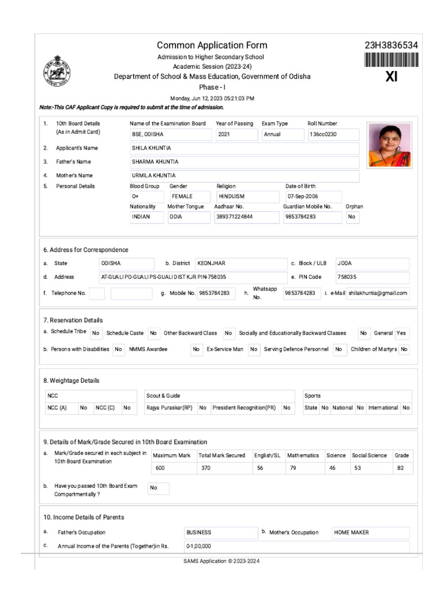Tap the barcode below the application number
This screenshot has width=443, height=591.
(x=391, y=61)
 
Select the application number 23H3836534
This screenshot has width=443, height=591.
(x=391, y=46)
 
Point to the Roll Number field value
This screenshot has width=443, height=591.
(x=333, y=134)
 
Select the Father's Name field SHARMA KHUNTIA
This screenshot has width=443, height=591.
(x=244, y=162)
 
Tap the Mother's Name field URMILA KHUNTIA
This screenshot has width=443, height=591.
(x=244, y=175)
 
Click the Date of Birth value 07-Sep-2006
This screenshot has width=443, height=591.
(x=313, y=197)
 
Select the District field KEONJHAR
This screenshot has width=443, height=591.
(x=240, y=263)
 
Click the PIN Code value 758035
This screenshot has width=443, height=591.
(x=371, y=277)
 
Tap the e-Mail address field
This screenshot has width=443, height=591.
(x=378, y=293)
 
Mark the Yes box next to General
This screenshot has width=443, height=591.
(x=401, y=333)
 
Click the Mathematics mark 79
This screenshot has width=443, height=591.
(x=305, y=468)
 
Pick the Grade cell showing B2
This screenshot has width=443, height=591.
(x=402, y=468)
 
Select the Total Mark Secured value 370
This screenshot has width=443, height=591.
(x=223, y=468)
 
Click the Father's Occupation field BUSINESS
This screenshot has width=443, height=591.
(x=220, y=532)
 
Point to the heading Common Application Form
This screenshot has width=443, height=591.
(x=212, y=46)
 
